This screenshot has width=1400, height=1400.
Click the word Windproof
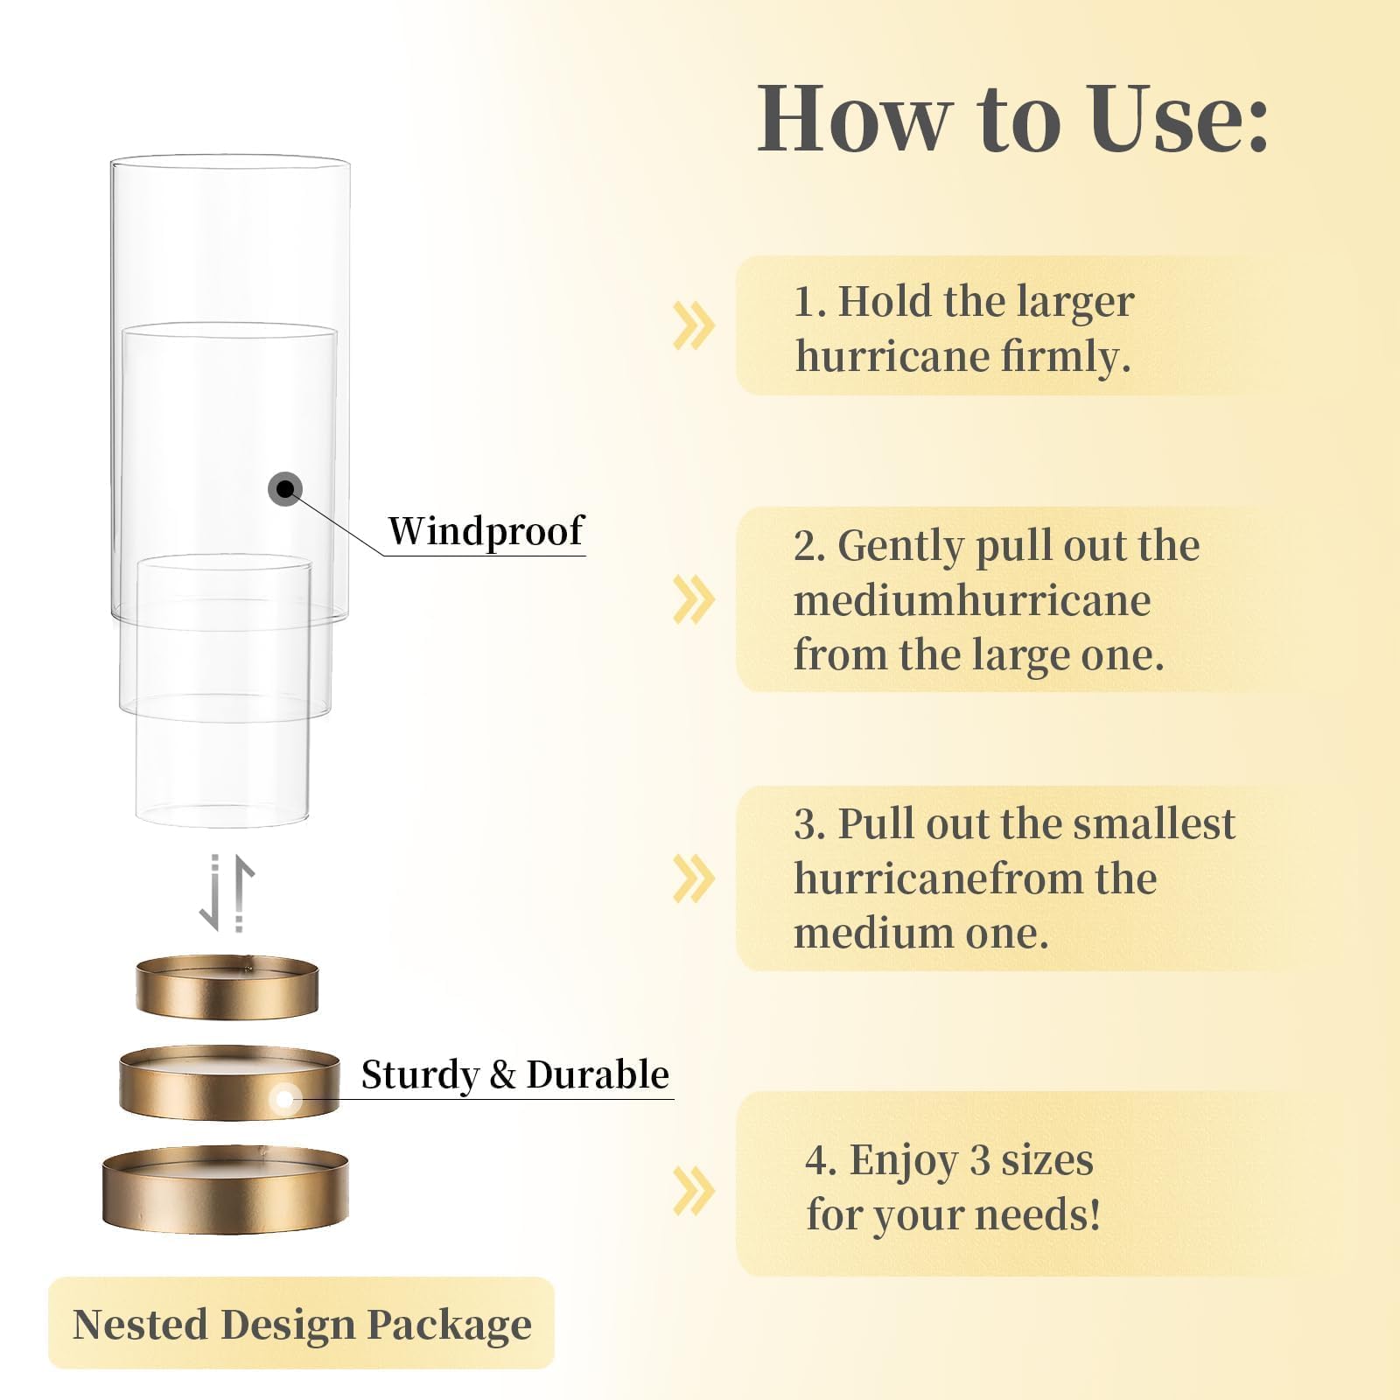click(486, 530)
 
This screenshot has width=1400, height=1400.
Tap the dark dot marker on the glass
click(285, 488)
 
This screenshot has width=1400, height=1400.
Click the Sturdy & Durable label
click(515, 1074)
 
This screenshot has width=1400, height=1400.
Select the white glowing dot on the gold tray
click(284, 1099)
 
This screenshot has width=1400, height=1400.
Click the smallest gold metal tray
click(227, 988)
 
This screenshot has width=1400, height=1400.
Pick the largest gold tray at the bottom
click(226, 1188)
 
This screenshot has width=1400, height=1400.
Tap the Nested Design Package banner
click(302, 1323)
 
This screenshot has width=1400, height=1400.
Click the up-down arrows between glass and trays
click(227, 893)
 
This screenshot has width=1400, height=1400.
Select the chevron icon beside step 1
click(694, 325)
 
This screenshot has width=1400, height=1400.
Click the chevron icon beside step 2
click(694, 599)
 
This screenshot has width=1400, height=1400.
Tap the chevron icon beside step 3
click(694, 878)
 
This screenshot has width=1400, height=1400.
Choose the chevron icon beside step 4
click(694, 1191)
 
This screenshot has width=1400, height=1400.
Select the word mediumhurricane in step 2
click(972, 600)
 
